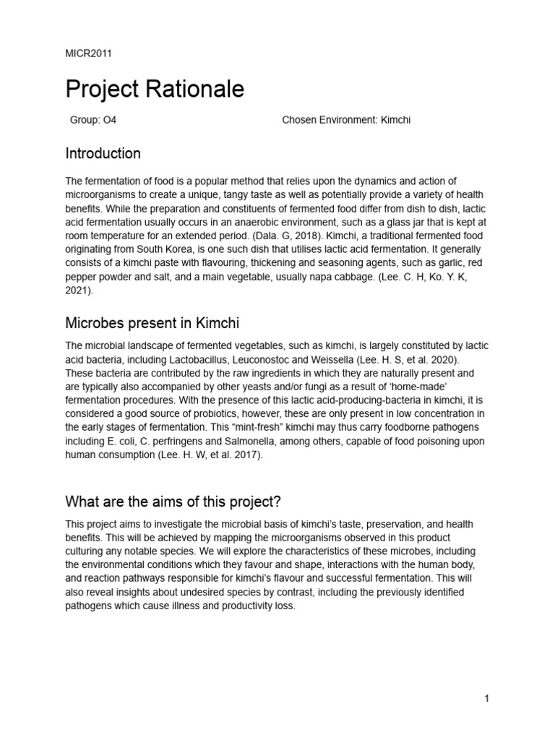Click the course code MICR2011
88,53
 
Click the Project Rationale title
155,90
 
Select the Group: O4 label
93,120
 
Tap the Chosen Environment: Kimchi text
345,120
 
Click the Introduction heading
103,153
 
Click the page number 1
487,698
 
